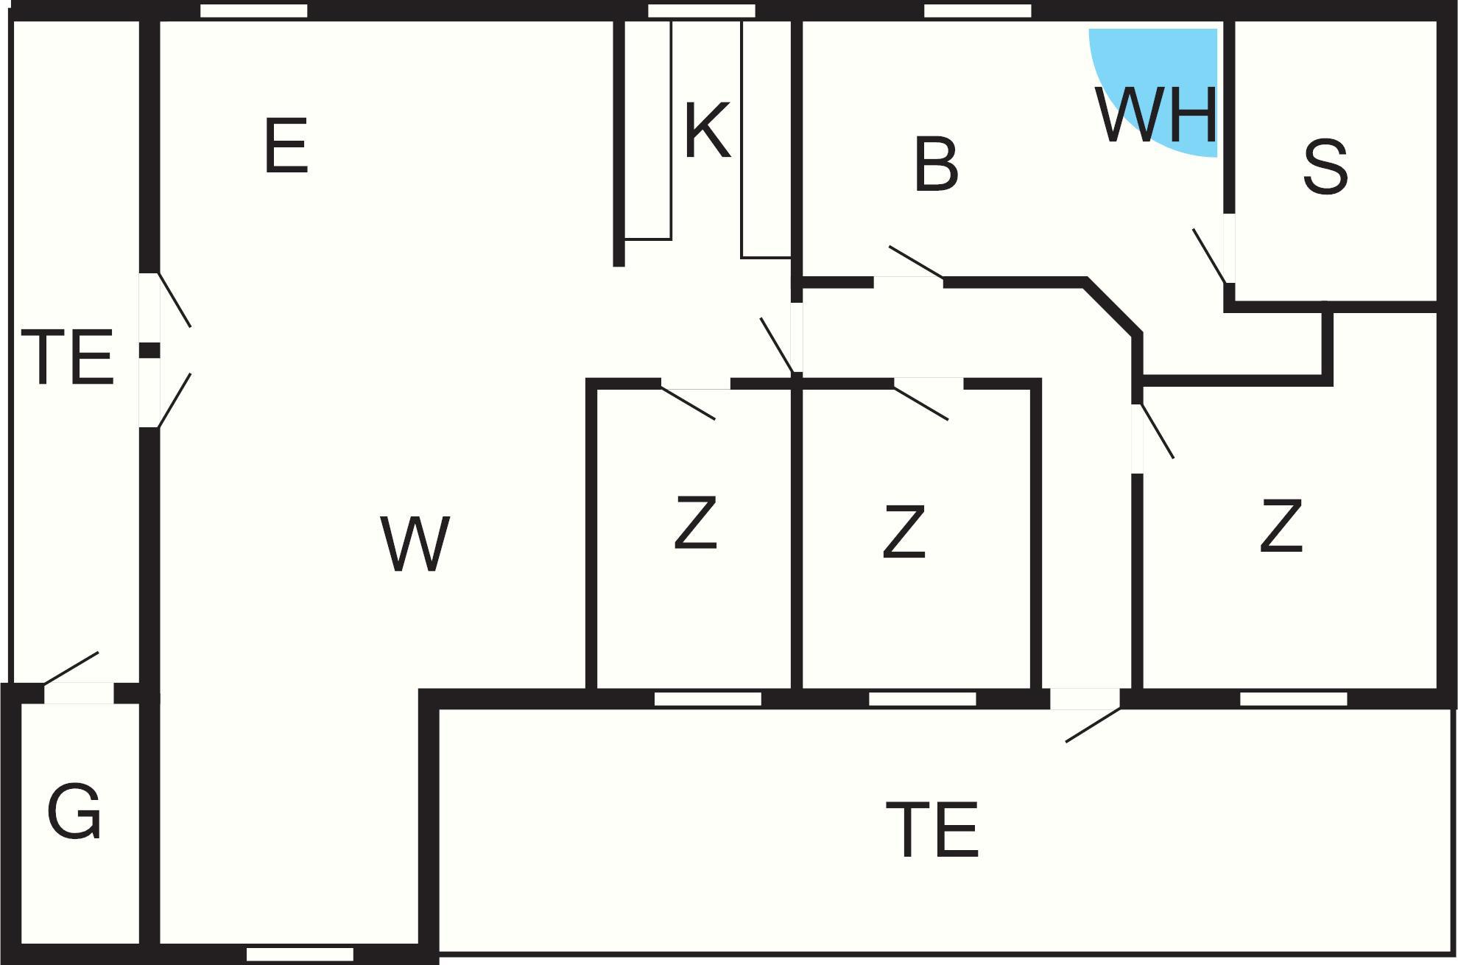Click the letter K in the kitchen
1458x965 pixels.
coord(707,131)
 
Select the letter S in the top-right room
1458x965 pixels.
coord(1325,168)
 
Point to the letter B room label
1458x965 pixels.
coord(936,166)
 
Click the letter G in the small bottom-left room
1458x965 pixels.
coord(74,812)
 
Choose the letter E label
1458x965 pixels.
coord(286,147)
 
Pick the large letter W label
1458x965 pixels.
coord(415,544)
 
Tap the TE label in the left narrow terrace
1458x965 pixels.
coord(68,358)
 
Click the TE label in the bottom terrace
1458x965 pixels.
coord(932,831)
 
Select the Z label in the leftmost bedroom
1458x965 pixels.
coord(695,523)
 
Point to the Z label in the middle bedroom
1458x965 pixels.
coord(904,531)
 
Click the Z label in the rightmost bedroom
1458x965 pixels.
coord(1281,525)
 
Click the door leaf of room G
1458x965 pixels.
coord(71,667)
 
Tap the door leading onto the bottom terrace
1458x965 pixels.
coord(1093,725)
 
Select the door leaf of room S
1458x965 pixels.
coord(1209,256)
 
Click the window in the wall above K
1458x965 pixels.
coord(701,11)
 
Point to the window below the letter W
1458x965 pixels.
coord(300,955)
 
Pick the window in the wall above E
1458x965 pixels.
coord(254,11)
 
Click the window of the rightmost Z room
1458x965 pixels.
coord(1294,699)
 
